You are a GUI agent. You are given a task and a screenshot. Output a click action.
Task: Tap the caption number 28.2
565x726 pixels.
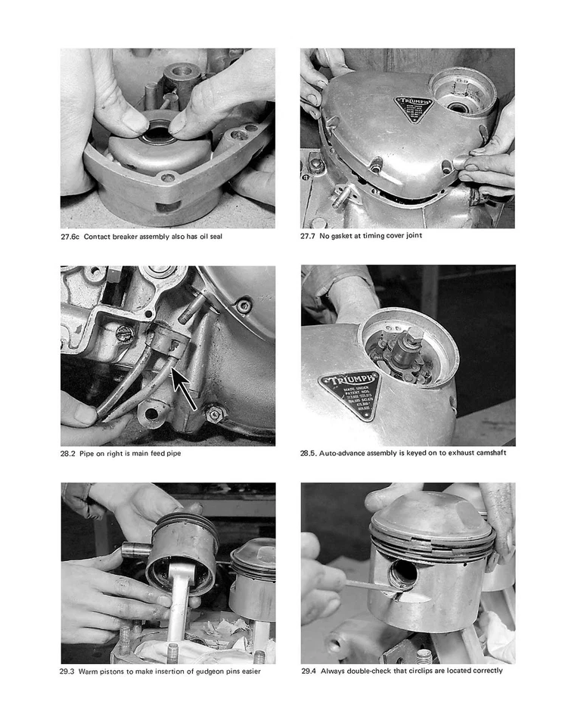[x=69, y=454]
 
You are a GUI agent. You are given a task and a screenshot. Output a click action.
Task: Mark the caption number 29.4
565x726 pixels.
[x=309, y=671]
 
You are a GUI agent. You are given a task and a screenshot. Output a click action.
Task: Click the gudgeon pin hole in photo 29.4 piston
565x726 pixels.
[x=402, y=576]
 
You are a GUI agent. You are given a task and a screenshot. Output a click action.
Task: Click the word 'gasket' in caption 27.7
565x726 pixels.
[x=341, y=236]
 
